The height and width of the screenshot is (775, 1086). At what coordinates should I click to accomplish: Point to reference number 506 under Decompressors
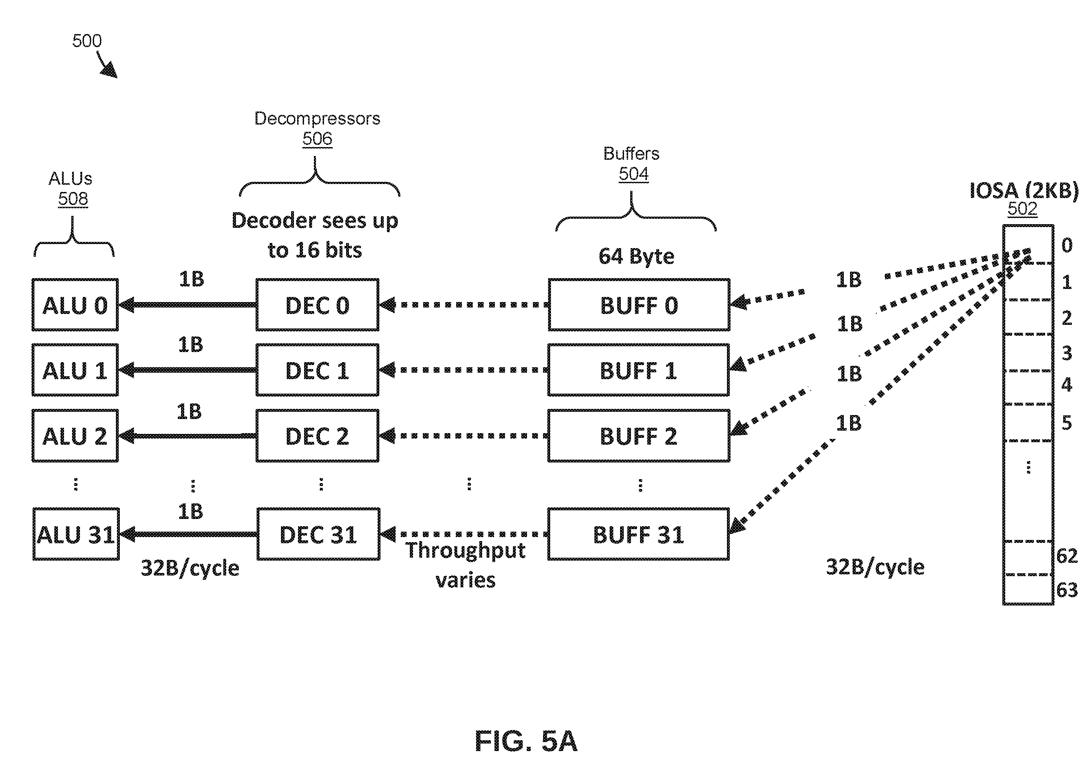(317, 139)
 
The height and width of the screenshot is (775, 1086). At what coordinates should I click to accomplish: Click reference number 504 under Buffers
(633, 174)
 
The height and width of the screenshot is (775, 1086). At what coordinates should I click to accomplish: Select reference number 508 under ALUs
(73, 198)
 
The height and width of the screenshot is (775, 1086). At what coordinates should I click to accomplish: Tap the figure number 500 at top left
(87, 41)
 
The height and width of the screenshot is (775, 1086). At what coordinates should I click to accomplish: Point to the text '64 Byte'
(636, 256)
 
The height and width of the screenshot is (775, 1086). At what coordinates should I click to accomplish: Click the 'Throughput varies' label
(466, 565)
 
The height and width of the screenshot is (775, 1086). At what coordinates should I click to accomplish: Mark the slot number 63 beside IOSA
(1067, 590)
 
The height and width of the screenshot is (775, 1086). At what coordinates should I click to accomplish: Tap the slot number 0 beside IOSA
(1067, 245)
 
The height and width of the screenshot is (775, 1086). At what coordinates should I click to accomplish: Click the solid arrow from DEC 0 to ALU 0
(188, 305)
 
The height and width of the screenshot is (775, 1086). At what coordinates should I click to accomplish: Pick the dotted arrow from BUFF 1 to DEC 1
(464, 370)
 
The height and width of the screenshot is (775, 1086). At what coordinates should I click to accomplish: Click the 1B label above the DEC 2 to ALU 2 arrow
(189, 411)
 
